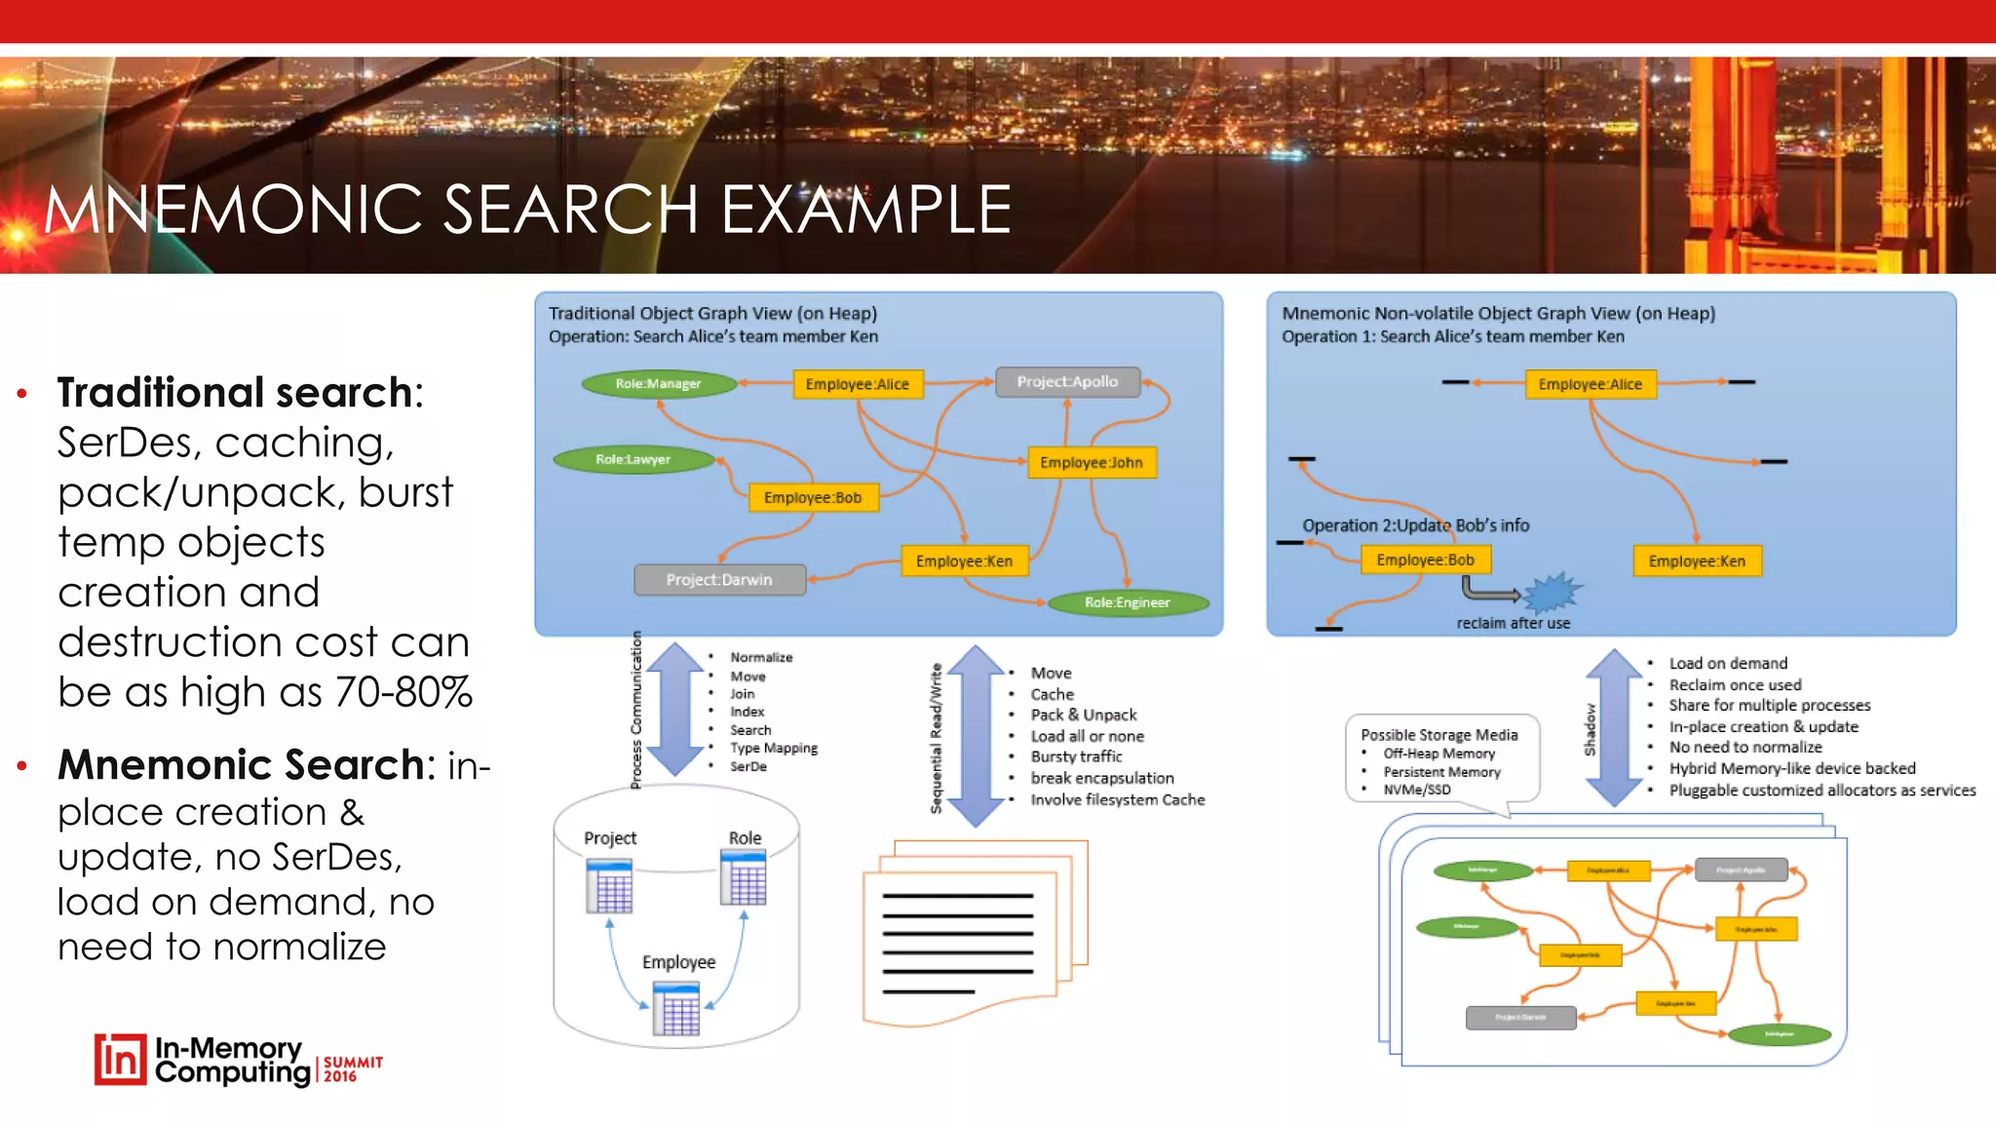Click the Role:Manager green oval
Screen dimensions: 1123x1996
pyautogui.click(x=658, y=384)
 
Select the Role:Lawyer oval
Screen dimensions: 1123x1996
pyautogui.click(x=633, y=459)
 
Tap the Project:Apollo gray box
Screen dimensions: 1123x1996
pyautogui.click(x=1067, y=382)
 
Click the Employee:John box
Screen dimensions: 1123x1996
pyautogui.click(x=1092, y=462)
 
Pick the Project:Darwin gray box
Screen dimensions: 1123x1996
pyautogui.click(x=719, y=580)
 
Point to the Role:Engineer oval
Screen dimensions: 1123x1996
pyautogui.click(x=1128, y=602)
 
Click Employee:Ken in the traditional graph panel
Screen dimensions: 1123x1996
pyautogui.click(x=964, y=561)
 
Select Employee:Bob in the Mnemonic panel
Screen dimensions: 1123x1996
pyautogui.click(x=1425, y=560)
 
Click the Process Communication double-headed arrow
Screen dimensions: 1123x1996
pyautogui.click(x=674, y=710)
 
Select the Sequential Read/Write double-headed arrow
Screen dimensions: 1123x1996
pyautogui.click(x=976, y=736)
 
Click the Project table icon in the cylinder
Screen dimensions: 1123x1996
pyautogui.click(x=609, y=885)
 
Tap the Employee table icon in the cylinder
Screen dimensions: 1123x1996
pyautogui.click(x=676, y=1009)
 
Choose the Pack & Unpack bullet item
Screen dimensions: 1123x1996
pyautogui.click(x=1084, y=716)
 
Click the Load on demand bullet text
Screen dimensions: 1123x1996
pyautogui.click(x=1728, y=664)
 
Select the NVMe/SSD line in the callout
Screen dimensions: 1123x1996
pyautogui.click(x=1417, y=790)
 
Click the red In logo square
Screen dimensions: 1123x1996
pyautogui.click(x=120, y=1060)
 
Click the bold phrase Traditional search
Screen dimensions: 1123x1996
pyautogui.click(x=235, y=393)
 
